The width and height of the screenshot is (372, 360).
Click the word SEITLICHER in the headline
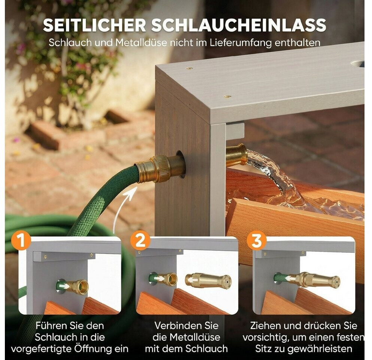94,25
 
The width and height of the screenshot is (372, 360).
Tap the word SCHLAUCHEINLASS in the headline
239,25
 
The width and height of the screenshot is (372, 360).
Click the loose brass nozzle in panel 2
208,281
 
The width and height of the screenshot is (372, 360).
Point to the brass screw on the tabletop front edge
227,97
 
